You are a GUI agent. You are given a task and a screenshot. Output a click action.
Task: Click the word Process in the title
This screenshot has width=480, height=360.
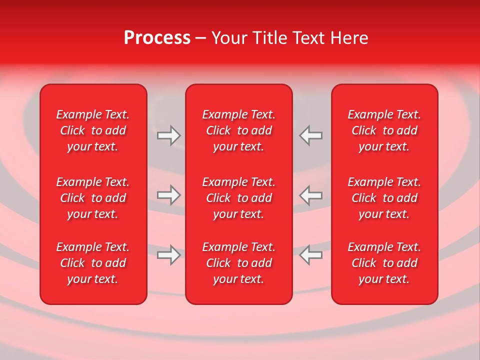coord(157,38)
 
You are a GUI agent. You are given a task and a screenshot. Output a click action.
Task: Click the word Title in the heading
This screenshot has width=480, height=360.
coord(269,38)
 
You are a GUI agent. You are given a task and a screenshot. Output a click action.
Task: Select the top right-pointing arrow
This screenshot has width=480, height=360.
coord(168,135)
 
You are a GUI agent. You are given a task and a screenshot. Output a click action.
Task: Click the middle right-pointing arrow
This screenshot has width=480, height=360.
coord(168,195)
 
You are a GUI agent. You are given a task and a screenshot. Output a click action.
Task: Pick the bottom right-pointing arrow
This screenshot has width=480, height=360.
coord(168,255)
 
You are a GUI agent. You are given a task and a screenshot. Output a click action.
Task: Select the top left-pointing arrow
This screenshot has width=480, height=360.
coord(310,135)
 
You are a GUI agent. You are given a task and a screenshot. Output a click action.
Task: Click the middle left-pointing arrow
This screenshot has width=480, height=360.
coord(310,195)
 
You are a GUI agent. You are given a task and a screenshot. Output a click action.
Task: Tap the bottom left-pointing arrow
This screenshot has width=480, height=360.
coord(310,255)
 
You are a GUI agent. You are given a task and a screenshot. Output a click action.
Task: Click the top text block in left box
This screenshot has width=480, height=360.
coord(93,130)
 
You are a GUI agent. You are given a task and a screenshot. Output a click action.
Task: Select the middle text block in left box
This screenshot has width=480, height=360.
coord(93,198)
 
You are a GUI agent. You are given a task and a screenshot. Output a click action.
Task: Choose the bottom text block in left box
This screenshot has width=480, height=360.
coord(93,263)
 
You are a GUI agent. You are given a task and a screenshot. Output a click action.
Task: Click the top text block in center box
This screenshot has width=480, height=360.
coord(238,130)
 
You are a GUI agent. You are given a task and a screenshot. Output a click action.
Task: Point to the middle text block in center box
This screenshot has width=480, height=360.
coord(238,198)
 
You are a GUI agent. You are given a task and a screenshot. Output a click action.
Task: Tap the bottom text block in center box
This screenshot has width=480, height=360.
coord(238,263)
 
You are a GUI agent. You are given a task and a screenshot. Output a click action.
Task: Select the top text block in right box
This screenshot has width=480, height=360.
coord(384,130)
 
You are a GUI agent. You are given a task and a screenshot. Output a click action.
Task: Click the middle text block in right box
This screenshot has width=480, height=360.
coord(384,198)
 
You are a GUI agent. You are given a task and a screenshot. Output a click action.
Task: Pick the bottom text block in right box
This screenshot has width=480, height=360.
coord(384,263)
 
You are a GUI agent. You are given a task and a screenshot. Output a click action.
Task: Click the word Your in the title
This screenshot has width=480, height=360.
coord(229,38)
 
